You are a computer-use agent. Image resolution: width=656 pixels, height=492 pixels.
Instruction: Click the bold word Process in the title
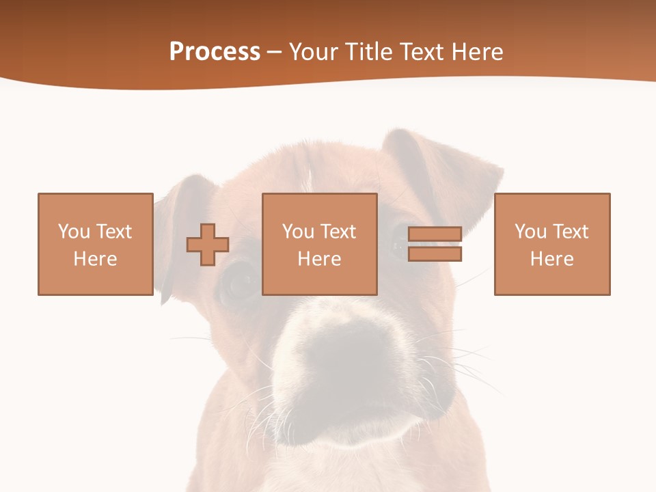click(x=215, y=52)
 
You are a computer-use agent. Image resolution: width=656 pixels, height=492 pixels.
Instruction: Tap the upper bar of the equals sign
click(x=435, y=234)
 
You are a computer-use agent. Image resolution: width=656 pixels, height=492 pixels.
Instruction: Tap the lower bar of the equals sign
click(x=435, y=254)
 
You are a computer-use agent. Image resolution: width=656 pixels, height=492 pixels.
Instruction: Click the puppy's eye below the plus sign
click(x=239, y=284)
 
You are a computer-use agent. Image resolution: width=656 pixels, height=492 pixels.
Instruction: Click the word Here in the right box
click(x=552, y=259)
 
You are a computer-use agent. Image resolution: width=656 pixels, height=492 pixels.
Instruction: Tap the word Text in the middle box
click(x=338, y=232)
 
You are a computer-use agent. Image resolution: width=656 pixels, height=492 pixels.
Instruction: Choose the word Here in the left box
click(x=96, y=259)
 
